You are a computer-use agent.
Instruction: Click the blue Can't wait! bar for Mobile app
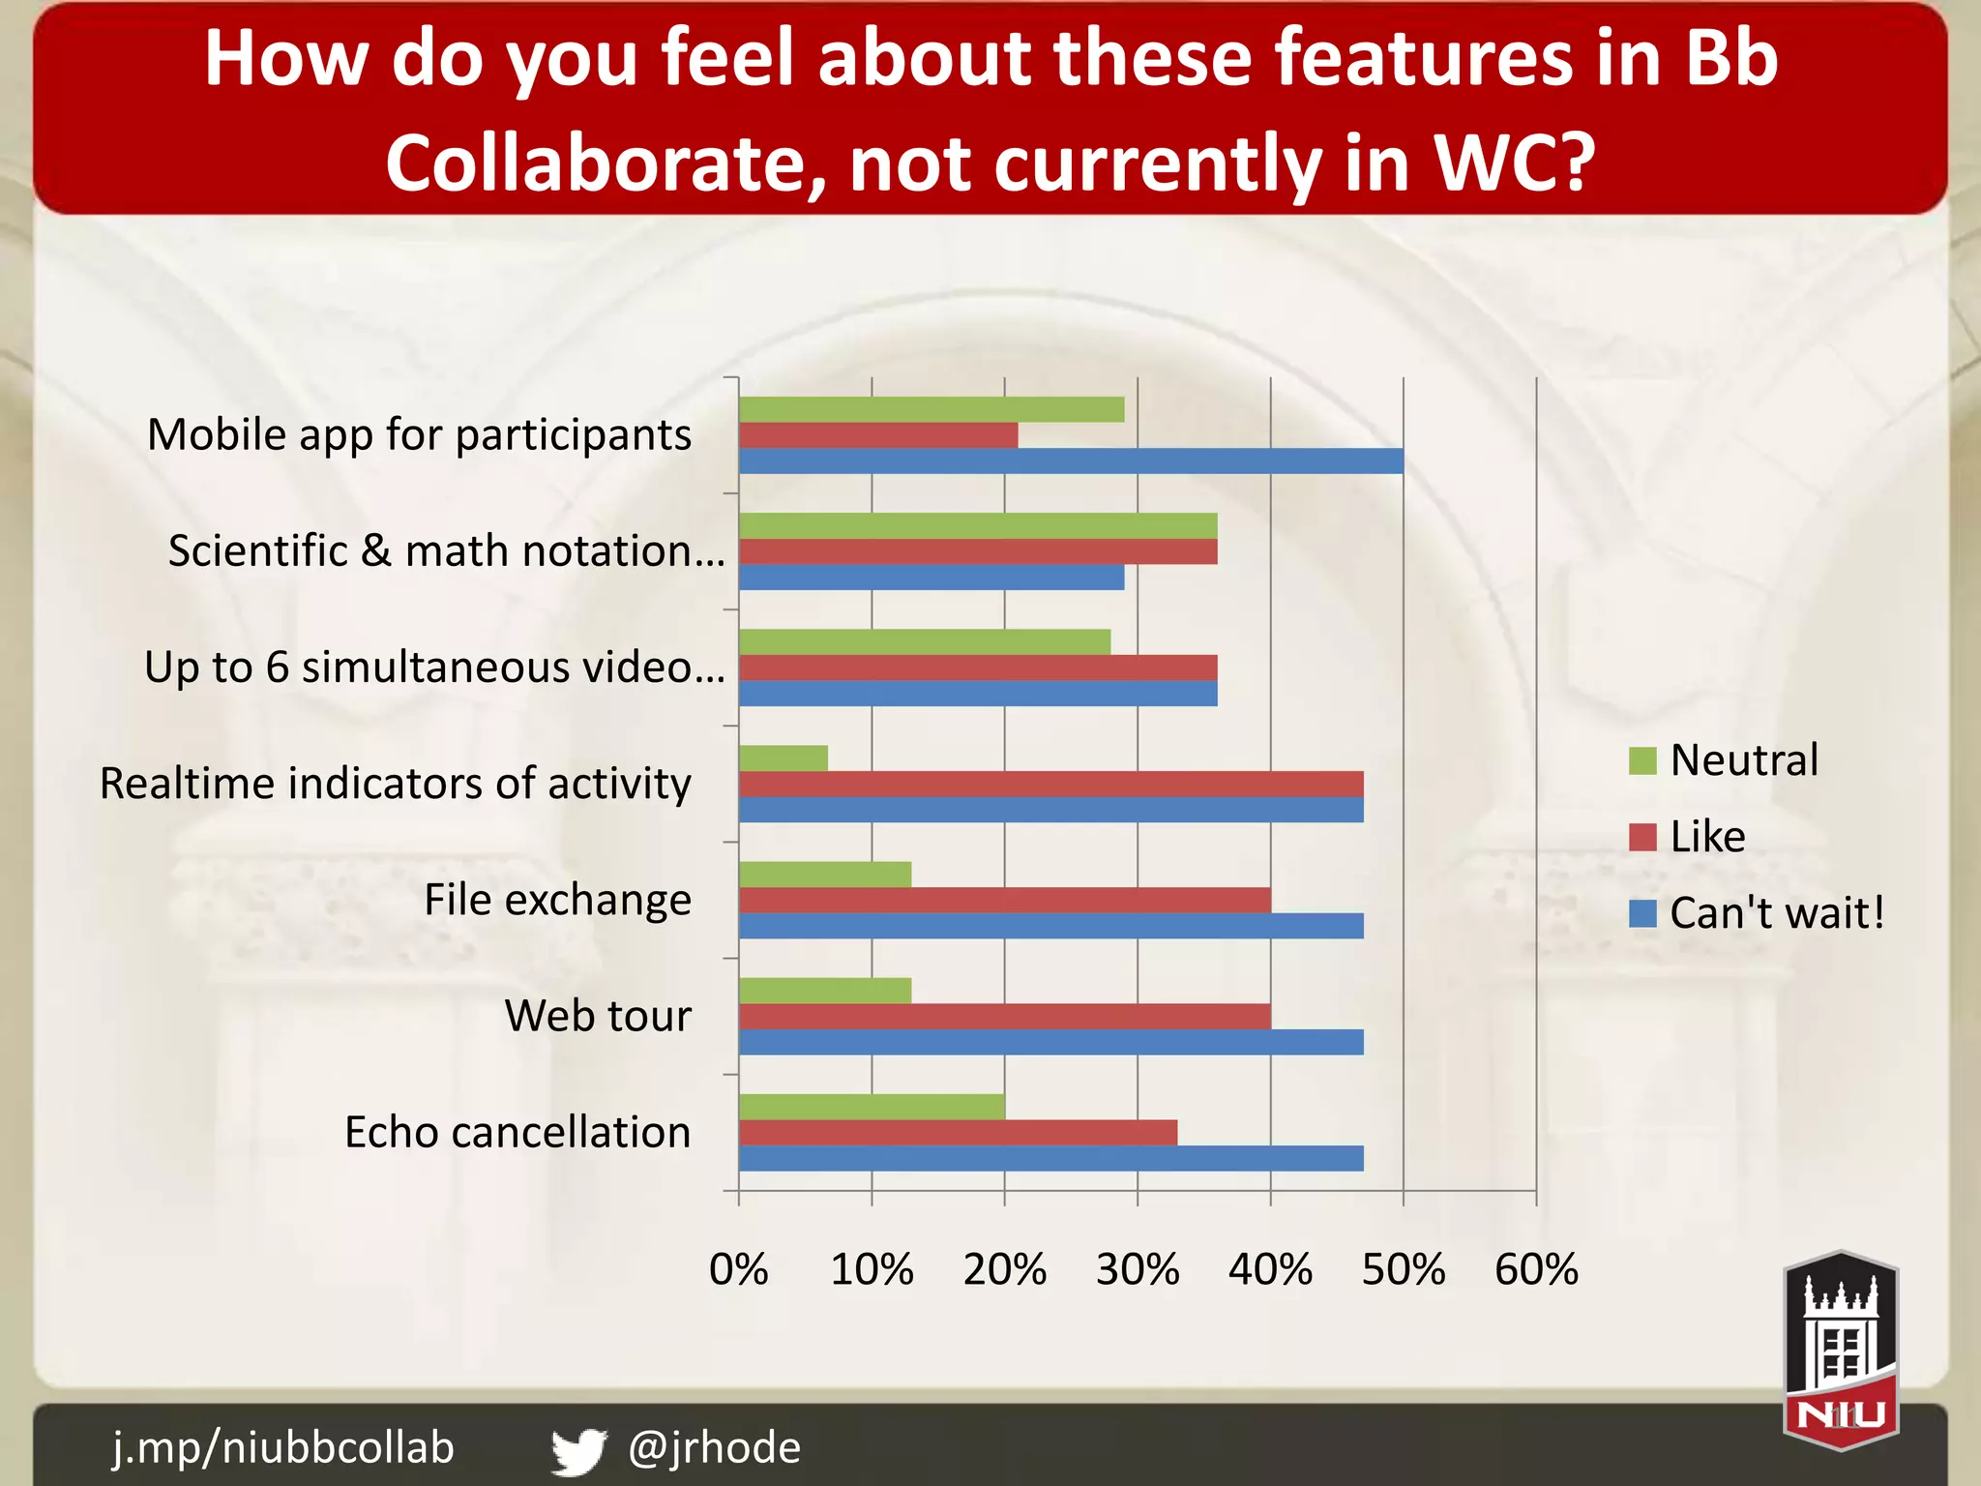1071,461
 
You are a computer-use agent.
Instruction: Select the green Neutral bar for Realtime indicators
784,758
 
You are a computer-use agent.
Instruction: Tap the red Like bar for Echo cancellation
958,1133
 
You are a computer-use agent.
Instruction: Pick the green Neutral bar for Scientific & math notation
978,525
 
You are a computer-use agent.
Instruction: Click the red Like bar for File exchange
1004,901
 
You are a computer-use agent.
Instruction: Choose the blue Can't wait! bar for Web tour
1050,1042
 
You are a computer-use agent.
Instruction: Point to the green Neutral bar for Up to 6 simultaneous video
925,642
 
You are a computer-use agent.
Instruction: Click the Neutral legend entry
1724,760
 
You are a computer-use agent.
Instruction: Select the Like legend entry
1688,837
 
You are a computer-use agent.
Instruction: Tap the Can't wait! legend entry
1757,913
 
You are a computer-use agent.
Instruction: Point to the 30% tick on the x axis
1138,1269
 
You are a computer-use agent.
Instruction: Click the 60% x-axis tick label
1536,1269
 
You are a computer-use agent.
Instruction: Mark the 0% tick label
739,1269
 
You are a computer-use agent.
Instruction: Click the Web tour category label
598,1016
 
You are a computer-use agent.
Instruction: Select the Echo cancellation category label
517,1132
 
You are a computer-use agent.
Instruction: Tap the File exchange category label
558,900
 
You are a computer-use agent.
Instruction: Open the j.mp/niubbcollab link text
283,1447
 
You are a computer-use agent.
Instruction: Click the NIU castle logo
1841,1351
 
